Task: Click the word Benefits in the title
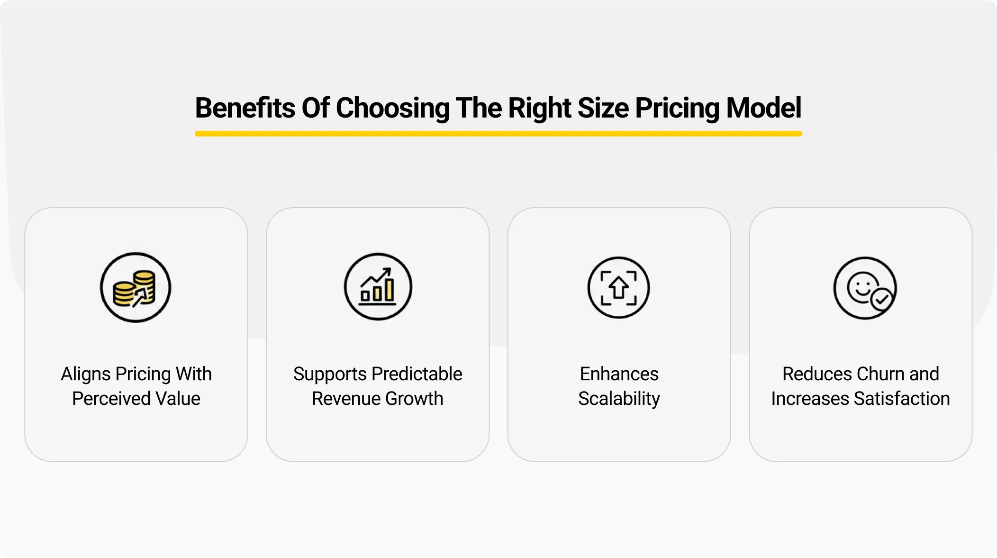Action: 245,108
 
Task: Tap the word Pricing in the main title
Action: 677,108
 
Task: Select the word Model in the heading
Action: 763,108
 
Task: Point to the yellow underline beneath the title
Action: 498,134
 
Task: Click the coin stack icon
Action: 136,288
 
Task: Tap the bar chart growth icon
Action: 378,287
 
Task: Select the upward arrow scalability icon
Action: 618,288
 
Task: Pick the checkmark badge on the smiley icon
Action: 882,300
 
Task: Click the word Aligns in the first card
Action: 85,375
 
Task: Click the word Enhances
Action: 619,374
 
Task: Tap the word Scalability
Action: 619,399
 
